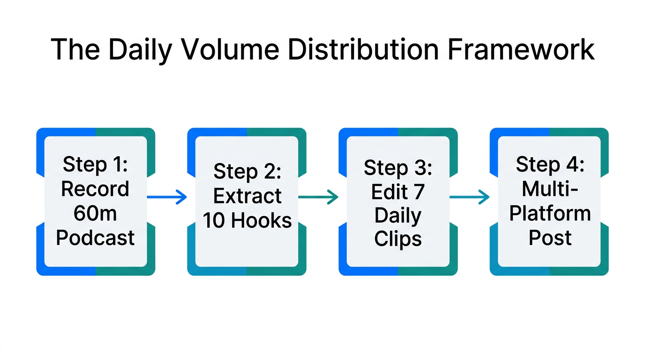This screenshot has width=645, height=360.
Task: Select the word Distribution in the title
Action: [362, 50]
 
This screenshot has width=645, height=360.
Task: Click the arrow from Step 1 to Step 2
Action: [167, 197]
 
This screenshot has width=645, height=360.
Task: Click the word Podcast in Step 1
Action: [95, 238]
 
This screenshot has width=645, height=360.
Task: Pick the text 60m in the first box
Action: [95, 213]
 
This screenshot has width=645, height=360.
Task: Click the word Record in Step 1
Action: [95, 189]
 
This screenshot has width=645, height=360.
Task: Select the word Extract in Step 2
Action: [247, 196]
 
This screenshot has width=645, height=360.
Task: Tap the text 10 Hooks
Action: [247, 220]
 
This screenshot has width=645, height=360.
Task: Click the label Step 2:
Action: [247, 172]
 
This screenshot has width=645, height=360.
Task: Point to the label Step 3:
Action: [398, 168]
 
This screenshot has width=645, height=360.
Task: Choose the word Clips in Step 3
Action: [398, 239]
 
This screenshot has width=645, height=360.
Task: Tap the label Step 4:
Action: [550, 165]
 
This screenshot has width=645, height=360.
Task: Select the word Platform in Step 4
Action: [550, 213]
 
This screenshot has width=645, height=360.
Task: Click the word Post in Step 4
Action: [550, 238]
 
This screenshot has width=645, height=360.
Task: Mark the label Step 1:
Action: [95, 165]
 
